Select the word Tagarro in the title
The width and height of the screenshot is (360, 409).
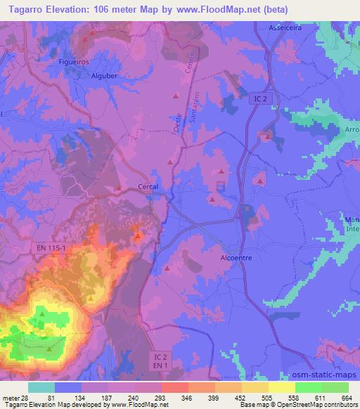click(24, 8)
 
